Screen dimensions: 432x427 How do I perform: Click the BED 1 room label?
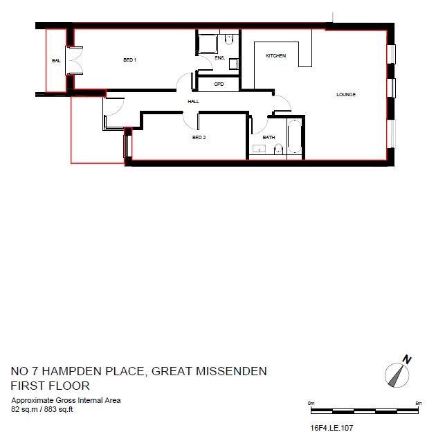pyautogui.click(x=129, y=60)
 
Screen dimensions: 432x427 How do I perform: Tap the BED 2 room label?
pyautogui.click(x=199, y=137)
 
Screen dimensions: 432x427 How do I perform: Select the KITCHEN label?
pyautogui.click(x=276, y=55)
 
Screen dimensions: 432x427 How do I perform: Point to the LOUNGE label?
pyautogui.click(x=345, y=94)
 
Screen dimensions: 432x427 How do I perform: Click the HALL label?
pyautogui.click(x=194, y=101)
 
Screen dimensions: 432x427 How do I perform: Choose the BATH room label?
pyautogui.click(x=269, y=137)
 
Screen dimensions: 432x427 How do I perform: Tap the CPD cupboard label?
pyautogui.click(x=219, y=84)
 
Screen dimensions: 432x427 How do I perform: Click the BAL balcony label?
pyautogui.click(x=56, y=61)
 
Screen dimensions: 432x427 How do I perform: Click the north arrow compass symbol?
pyautogui.click(x=397, y=375)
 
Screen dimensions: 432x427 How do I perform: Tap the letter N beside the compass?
pyautogui.click(x=408, y=359)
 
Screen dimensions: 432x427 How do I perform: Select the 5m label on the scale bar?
pyautogui.click(x=417, y=402)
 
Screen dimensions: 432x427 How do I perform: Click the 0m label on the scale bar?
pyautogui.click(x=311, y=402)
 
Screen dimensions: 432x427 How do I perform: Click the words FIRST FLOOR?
pyautogui.click(x=51, y=386)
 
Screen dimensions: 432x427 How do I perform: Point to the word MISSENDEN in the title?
pyautogui.click(x=228, y=371)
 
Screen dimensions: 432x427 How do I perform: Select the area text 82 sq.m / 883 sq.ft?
pyautogui.click(x=42, y=409)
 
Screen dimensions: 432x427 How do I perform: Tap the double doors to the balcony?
pyautogui.click(x=74, y=60)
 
